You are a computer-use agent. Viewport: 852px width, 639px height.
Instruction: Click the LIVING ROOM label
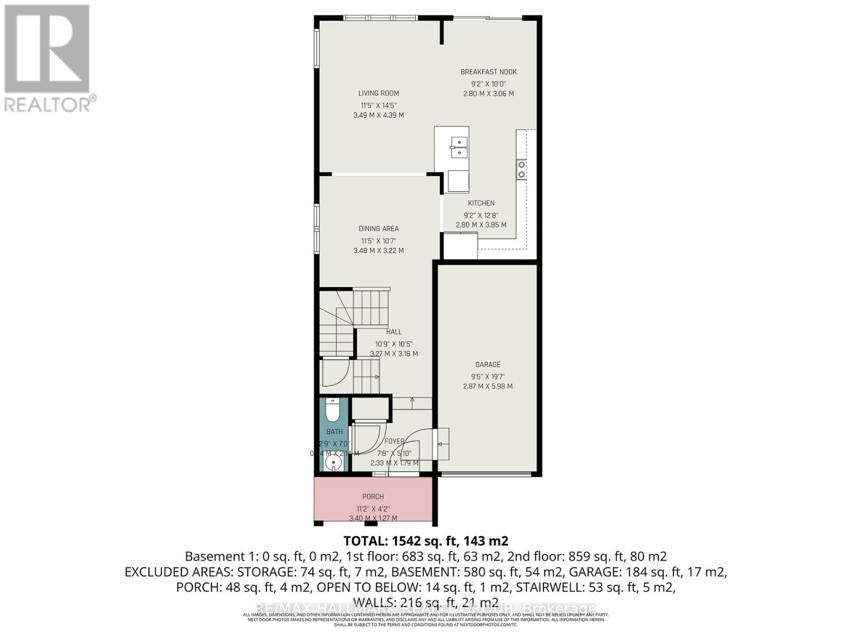click(379, 93)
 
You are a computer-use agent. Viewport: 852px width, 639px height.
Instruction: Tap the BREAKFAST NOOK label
click(488, 72)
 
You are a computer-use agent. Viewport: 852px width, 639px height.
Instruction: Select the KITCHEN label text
click(481, 203)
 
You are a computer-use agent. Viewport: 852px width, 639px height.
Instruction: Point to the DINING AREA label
click(379, 228)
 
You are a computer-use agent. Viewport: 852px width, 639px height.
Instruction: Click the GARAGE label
click(488, 365)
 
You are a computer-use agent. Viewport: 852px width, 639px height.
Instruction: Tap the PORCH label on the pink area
click(373, 496)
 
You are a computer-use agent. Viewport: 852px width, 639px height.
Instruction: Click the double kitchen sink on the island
click(458, 148)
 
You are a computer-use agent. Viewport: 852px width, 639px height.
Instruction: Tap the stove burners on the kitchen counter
click(521, 170)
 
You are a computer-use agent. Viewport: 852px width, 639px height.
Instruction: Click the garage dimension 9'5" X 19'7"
click(488, 376)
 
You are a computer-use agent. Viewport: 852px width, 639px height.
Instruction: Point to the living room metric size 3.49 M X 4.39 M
click(379, 115)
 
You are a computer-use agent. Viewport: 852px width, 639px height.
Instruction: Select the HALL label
click(394, 332)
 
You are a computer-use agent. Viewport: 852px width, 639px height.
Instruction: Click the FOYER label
click(395, 441)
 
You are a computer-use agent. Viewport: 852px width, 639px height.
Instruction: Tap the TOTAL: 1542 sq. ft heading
click(425, 541)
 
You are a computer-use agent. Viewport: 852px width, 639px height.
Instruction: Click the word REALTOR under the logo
click(48, 104)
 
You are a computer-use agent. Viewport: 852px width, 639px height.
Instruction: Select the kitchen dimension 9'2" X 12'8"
click(481, 215)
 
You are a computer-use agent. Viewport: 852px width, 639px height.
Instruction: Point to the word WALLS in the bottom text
click(372, 602)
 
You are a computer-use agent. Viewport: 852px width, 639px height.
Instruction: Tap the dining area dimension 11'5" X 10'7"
click(379, 241)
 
